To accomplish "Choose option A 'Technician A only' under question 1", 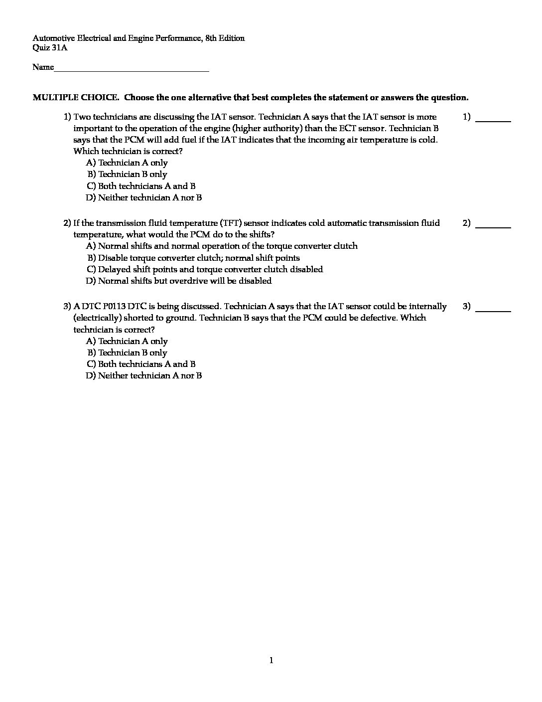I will [x=127, y=163].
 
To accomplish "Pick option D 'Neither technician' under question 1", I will [x=144, y=198].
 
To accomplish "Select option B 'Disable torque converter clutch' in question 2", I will [x=194, y=258].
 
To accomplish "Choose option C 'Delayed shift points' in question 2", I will [x=205, y=270].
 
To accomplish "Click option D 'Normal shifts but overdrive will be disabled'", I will [x=179, y=281].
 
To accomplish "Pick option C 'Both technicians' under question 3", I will [x=141, y=364].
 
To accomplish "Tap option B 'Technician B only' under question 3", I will [x=128, y=353].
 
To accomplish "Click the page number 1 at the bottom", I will [x=271, y=661].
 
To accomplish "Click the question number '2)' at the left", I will [x=67, y=223].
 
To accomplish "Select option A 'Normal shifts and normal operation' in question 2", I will [x=222, y=246].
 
